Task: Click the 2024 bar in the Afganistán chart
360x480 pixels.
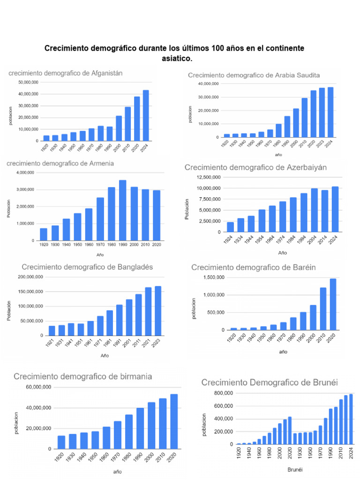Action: pos(146,115)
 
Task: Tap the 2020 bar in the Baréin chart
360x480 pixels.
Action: pos(333,304)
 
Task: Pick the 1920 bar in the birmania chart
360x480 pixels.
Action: pos(61,442)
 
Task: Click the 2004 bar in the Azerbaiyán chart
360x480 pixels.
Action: pos(314,210)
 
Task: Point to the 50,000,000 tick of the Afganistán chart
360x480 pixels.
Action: pos(29,82)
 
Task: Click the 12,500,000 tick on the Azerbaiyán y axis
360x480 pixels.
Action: pos(209,177)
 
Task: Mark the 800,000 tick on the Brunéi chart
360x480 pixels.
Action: pos(224,393)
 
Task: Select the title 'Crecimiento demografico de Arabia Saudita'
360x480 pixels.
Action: pos(254,75)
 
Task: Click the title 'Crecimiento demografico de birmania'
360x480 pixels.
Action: pos(82,377)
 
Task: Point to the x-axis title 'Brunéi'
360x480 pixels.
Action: pos(282,469)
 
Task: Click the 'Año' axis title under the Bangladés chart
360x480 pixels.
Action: pos(105,356)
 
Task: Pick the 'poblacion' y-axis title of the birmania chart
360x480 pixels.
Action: pos(16,423)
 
